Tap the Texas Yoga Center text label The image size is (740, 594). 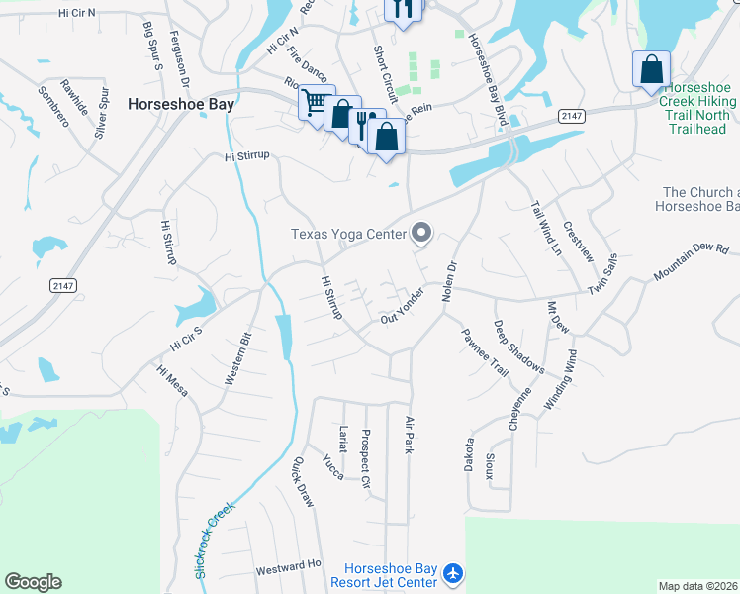[x=348, y=235]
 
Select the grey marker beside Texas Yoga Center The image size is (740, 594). [x=422, y=234]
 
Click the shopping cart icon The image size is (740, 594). [x=315, y=102]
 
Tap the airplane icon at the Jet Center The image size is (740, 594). [x=453, y=573]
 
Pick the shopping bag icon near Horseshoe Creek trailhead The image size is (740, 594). [x=651, y=69]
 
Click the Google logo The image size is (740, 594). [x=33, y=582]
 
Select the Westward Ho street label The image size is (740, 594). [x=289, y=569]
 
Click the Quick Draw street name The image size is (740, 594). [x=303, y=482]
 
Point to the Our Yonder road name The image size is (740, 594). [x=403, y=307]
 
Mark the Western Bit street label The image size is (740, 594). [x=238, y=357]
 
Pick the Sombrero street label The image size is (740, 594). [x=53, y=107]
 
